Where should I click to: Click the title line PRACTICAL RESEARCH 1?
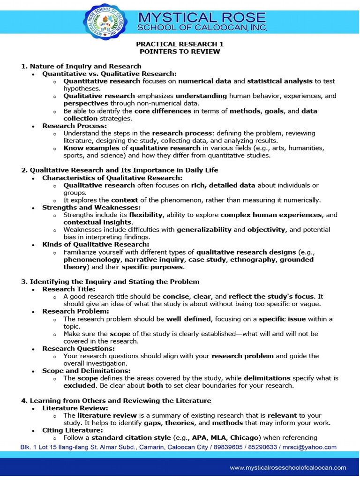[180, 44]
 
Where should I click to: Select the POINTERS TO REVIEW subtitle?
[180, 51]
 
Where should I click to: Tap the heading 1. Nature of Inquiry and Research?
[81, 66]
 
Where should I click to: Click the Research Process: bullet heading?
[75, 126]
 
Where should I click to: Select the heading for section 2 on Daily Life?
[120, 170]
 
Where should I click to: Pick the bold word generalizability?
[204, 230]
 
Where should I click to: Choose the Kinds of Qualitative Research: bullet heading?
[96, 244]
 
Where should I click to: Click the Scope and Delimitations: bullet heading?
[86, 371]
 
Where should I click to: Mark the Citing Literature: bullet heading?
[73, 430]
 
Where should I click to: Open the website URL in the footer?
[288, 467]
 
